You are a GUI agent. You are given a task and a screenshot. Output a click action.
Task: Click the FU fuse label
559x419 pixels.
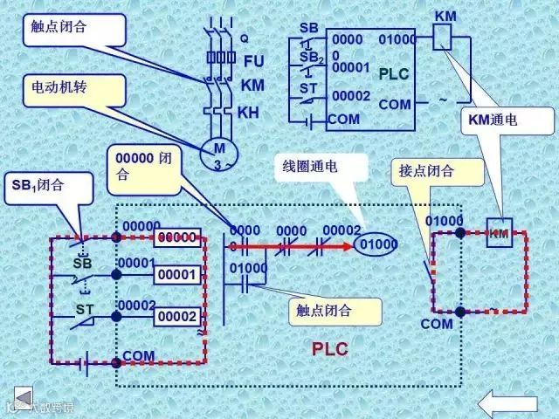click(253, 61)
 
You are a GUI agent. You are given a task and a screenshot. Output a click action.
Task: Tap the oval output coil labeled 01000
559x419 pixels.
click(377, 244)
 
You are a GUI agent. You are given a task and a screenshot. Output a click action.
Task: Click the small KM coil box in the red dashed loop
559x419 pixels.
click(499, 232)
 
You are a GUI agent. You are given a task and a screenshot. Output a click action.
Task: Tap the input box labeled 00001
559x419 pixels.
click(178, 276)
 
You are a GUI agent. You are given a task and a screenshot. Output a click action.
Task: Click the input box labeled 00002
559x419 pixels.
click(178, 316)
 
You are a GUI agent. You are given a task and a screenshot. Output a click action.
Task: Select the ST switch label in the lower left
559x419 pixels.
click(84, 309)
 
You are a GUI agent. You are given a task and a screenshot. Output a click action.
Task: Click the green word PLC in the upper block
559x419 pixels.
click(393, 75)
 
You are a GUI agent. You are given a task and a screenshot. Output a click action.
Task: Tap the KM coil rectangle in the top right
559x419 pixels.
click(443, 34)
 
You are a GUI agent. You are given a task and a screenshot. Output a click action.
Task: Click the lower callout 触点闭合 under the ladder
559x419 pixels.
click(335, 310)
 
